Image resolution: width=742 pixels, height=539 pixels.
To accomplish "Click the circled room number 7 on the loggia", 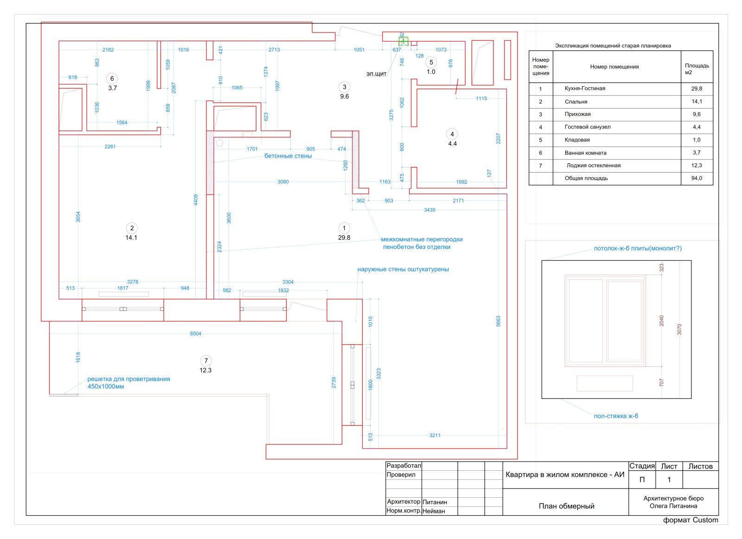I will [x=206, y=361].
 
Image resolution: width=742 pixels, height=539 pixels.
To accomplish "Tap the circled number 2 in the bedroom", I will [x=132, y=228].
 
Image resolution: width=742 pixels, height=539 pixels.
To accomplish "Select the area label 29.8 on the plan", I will [x=344, y=237].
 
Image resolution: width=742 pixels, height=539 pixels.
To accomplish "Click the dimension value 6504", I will [x=196, y=334].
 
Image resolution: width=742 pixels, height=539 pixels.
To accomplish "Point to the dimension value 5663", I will [x=499, y=321].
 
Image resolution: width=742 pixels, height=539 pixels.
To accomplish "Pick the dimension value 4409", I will [x=196, y=199].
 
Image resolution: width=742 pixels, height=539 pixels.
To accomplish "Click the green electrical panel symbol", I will [x=403, y=42].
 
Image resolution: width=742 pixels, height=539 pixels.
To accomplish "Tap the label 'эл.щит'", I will [x=376, y=74].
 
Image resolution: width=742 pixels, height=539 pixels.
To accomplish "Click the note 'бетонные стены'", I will [x=288, y=156].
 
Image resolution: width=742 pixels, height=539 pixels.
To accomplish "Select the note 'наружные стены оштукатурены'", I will [x=403, y=269].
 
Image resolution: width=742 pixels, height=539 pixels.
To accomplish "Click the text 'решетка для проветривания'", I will [x=128, y=379].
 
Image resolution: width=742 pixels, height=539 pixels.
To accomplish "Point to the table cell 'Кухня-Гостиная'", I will [x=585, y=89].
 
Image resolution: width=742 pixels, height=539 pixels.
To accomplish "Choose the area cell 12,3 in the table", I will [x=696, y=166].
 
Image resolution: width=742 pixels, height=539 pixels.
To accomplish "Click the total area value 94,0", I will [x=696, y=178].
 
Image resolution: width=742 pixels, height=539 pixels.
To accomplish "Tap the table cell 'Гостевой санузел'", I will [x=588, y=127].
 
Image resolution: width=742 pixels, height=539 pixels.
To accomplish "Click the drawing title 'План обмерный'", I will [x=566, y=506].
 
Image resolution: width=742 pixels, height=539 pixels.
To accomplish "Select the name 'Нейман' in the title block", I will [x=434, y=511].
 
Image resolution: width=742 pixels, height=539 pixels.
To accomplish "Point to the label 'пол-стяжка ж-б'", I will [x=616, y=416].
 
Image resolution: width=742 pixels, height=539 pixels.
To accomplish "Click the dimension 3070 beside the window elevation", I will [x=679, y=329].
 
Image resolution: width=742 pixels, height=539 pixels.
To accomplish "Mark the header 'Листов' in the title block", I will [x=700, y=466].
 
